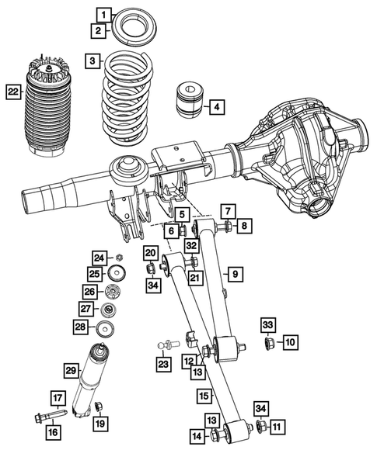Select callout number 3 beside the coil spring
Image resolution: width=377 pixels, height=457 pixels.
[93, 61]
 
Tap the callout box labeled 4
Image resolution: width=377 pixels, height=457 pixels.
[216, 106]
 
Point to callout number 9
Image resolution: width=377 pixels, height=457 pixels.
[233, 273]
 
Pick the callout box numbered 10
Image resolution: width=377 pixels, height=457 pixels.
[289, 341]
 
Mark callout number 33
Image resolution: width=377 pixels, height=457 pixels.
[267, 324]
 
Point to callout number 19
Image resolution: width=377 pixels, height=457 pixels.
[99, 423]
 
